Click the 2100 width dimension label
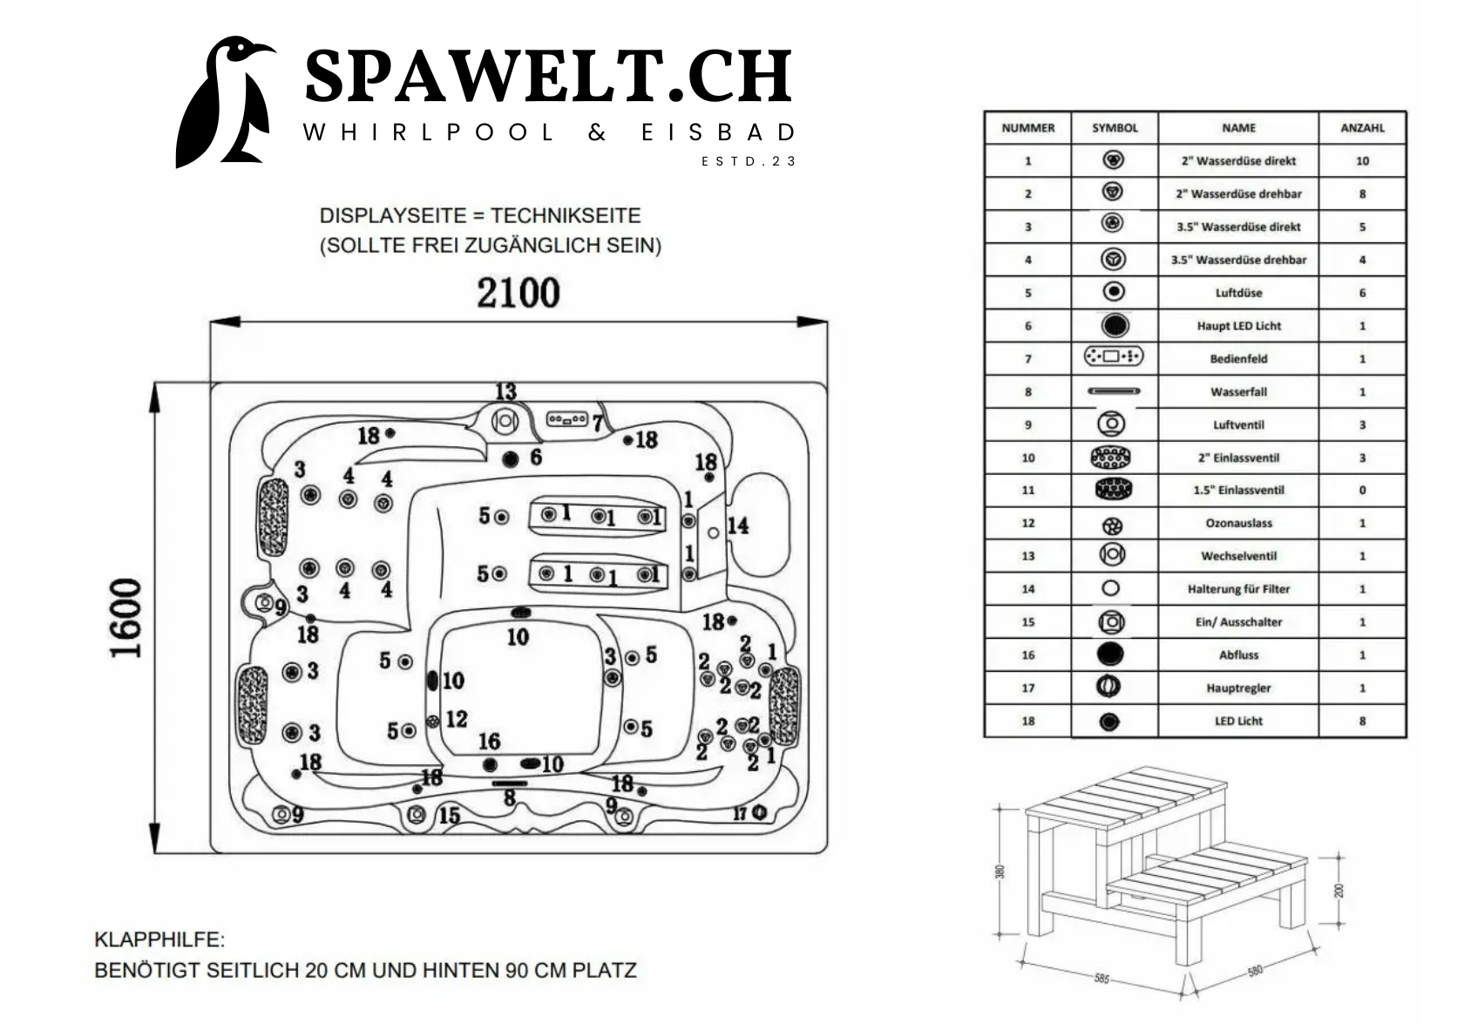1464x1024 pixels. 518,293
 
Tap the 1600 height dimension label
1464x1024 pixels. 125,618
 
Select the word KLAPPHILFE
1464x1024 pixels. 159,940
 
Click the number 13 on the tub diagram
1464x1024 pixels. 505,392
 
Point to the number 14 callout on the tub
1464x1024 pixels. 737,526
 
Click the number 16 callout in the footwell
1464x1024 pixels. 489,742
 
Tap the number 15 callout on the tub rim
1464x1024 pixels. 449,816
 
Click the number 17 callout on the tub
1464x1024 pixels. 740,813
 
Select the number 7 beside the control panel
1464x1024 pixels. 598,424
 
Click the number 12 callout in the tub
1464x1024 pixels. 456,719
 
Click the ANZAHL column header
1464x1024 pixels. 1362,128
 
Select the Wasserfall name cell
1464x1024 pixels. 1238,392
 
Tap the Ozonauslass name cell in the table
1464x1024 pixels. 1238,524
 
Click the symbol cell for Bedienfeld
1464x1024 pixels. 1113,356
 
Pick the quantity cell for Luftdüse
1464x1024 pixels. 1362,293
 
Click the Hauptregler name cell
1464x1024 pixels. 1238,688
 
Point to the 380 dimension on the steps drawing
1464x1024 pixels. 1000,871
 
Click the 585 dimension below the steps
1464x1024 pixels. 1101,979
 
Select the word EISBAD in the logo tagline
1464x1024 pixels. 718,132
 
